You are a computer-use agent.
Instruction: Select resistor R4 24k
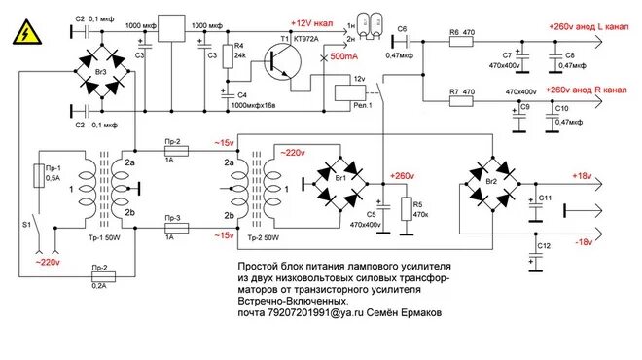(228, 56)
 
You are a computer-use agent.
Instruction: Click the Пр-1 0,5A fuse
(39, 176)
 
